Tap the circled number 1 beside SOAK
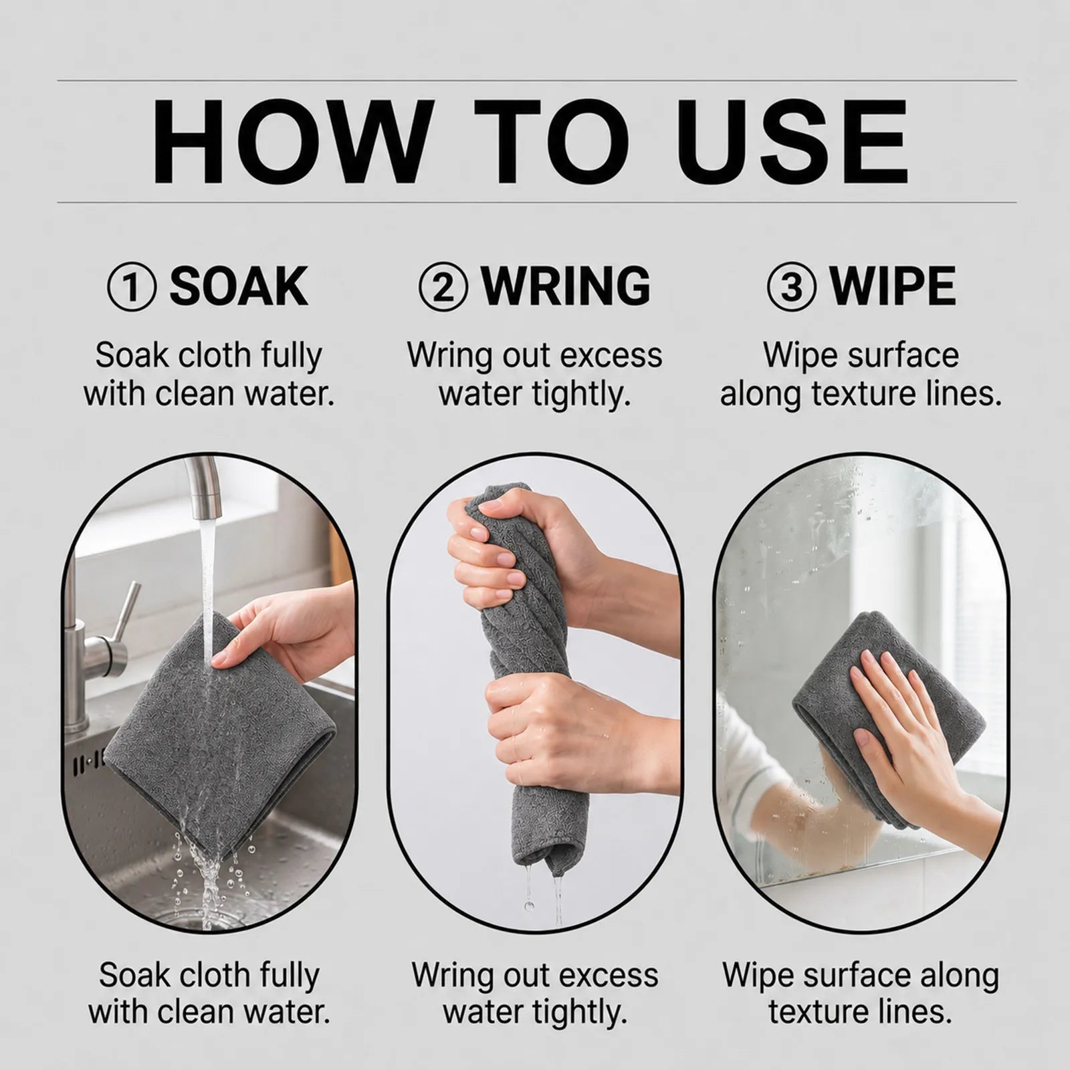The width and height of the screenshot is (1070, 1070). (x=132, y=287)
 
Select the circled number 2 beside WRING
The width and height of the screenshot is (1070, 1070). (x=443, y=287)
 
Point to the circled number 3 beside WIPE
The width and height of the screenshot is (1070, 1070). (x=791, y=287)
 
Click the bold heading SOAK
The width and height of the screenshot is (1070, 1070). (x=238, y=287)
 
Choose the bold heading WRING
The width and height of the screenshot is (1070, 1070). (x=565, y=287)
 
